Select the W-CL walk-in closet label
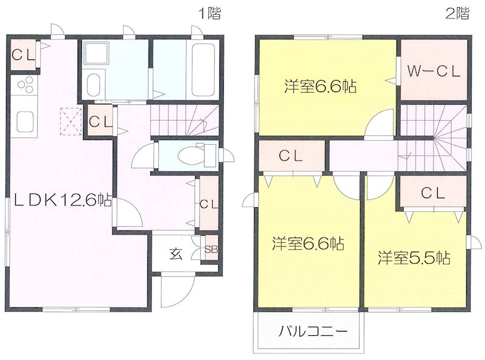pos(433,70)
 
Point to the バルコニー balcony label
pos(313,332)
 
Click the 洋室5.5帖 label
pos(414,258)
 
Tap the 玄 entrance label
pos(175,253)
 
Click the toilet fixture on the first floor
pos(193,155)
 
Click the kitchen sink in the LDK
pos(26,121)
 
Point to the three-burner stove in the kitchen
pos(25,89)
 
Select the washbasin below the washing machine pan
pos(95,84)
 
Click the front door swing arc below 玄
pos(176,290)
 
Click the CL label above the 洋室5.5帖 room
pos(433,193)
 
